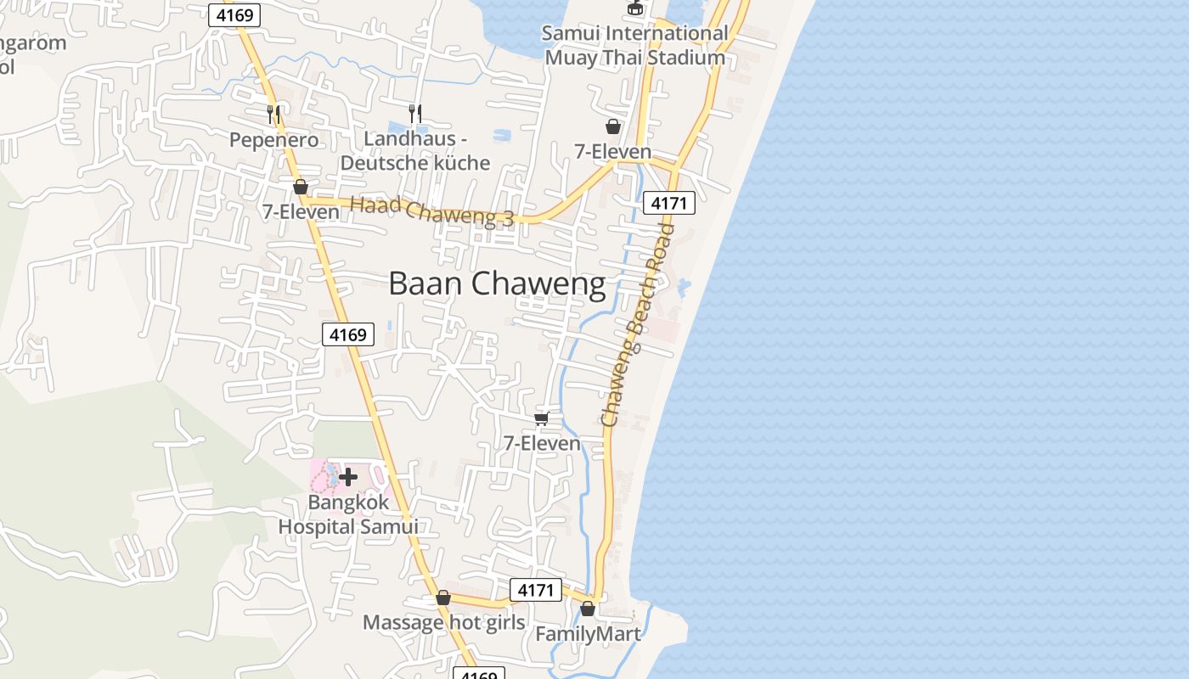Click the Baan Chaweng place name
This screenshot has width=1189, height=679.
pos(497,283)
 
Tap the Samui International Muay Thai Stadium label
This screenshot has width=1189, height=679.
pos(635,46)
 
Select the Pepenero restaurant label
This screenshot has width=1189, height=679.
pos(274,139)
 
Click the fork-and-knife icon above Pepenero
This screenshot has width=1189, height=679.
pos(273,113)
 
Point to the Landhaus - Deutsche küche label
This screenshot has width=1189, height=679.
pos(415,150)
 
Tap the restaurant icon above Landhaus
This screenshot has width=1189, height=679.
pos(414,112)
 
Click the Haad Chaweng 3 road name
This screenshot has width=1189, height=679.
pos(432,210)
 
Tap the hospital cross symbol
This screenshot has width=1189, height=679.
pos(348,477)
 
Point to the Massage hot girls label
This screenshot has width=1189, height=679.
pos(444,622)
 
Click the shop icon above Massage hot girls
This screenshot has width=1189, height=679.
pos(442,598)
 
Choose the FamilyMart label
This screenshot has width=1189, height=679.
pos(588,633)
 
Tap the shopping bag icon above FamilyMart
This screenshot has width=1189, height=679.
pos(587,609)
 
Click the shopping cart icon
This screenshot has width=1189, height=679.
pos(541,418)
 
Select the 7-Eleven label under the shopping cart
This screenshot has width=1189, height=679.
pos(542,443)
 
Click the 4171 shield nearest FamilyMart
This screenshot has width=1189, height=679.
pos(536,590)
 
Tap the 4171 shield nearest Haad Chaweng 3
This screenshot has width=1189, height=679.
pos(669,203)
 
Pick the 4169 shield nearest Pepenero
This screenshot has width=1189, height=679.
pos(234,15)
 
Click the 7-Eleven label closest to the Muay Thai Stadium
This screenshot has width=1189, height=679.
pos(612,152)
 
